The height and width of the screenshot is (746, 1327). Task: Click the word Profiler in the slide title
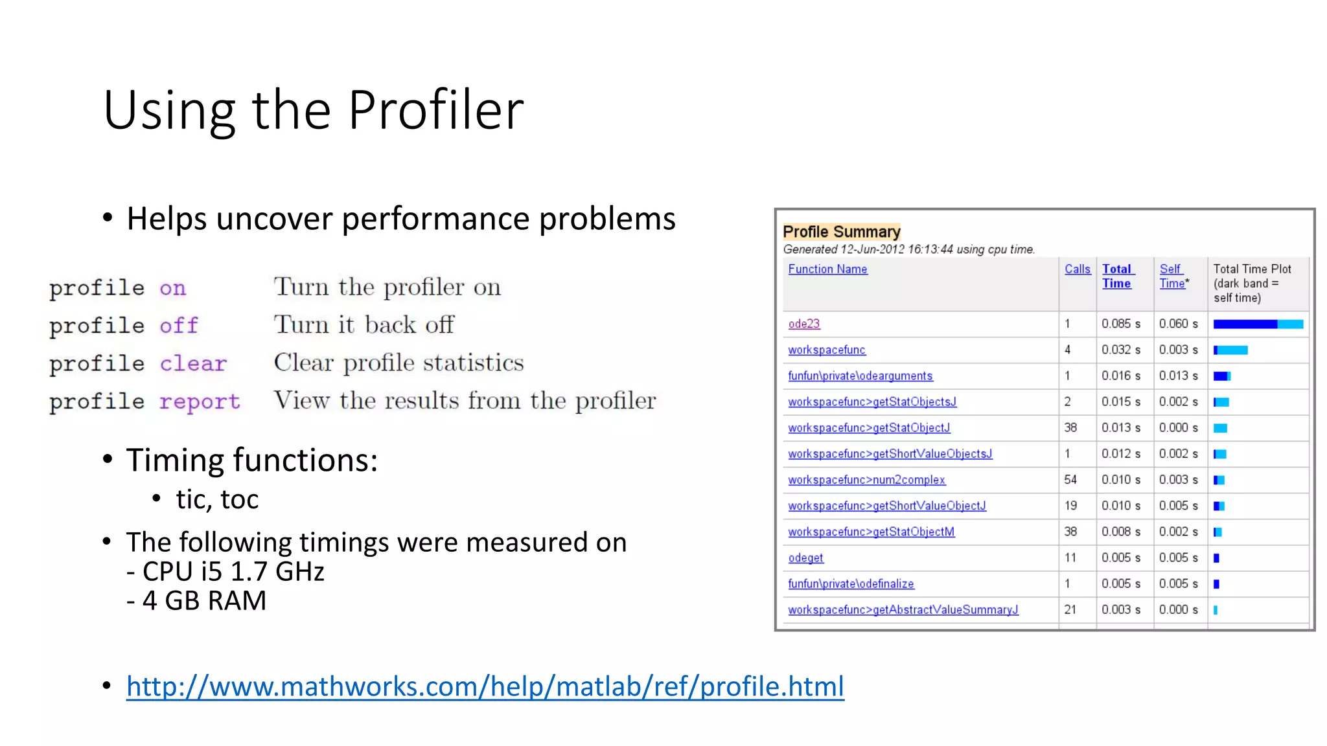pyautogui.click(x=435, y=110)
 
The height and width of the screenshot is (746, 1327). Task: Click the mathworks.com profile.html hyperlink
pyautogui.click(x=485, y=686)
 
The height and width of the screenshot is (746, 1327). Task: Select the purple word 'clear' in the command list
pyautogui.click(x=193, y=363)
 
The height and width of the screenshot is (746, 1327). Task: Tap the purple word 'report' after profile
pyautogui.click(x=200, y=401)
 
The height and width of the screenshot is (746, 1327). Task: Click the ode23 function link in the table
pyautogui.click(x=803, y=324)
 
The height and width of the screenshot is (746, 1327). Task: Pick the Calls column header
pyautogui.click(x=1077, y=269)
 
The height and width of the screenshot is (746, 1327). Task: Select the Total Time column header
pyautogui.click(x=1117, y=277)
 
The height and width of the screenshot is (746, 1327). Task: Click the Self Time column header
pyautogui.click(x=1172, y=277)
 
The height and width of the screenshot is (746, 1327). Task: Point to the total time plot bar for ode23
pyautogui.click(x=1257, y=324)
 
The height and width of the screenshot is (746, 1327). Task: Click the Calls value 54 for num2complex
pyautogui.click(x=1070, y=480)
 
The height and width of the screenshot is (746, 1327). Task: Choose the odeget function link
pyautogui.click(x=805, y=558)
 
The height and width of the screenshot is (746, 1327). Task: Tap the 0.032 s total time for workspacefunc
pyautogui.click(x=1120, y=350)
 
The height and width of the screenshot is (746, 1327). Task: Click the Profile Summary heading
pyautogui.click(x=841, y=232)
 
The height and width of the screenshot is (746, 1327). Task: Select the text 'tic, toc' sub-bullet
pyautogui.click(x=217, y=499)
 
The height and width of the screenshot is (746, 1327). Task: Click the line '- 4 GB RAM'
pyautogui.click(x=196, y=601)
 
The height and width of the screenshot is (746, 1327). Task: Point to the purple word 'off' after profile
pyautogui.click(x=179, y=325)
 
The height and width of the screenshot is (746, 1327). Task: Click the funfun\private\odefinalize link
pyautogui.click(x=850, y=583)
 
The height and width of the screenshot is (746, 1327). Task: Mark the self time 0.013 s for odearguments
pyautogui.click(x=1178, y=376)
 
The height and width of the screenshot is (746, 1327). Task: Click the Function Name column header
pyautogui.click(x=827, y=269)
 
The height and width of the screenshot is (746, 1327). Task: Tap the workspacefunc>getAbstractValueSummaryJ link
pyautogui.click(x=903, y=609)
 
